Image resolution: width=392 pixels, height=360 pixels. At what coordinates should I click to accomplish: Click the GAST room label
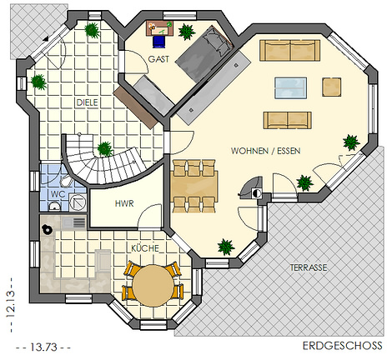158,59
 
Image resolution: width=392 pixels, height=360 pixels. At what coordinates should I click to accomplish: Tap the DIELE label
88,102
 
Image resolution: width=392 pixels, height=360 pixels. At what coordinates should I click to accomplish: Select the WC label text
58,194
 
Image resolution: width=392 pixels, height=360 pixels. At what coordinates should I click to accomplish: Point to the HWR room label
124,203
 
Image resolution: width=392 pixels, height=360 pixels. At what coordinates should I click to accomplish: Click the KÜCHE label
145,248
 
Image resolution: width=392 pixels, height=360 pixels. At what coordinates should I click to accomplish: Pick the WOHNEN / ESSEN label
266,151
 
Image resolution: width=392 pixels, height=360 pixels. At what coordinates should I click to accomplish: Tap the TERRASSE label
309,267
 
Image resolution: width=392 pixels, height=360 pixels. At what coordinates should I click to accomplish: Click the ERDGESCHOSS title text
343,346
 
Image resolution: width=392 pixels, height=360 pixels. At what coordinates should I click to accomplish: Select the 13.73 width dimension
43,347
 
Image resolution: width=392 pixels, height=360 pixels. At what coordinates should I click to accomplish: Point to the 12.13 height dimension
11,304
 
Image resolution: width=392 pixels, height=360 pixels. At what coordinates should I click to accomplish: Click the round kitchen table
153,286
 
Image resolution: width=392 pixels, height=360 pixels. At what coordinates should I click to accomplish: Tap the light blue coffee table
291,88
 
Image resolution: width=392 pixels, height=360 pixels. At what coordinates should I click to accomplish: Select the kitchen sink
74,222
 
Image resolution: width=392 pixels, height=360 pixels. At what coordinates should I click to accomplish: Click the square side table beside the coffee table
332,87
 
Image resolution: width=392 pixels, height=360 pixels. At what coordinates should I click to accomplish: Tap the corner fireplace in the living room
252,188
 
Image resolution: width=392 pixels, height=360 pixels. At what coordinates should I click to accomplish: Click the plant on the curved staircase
105,149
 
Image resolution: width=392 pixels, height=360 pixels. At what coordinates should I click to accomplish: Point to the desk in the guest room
160,28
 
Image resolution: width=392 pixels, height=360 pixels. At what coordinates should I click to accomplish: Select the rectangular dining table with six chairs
194,186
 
